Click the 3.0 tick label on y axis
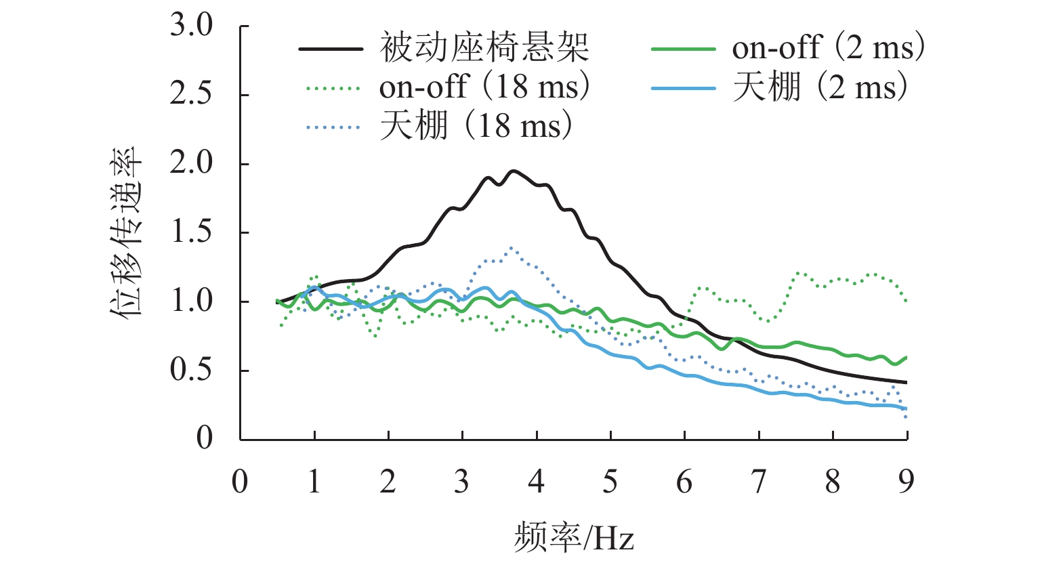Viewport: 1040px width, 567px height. coord(191,27)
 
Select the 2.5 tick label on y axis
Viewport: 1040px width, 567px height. coord(191,96)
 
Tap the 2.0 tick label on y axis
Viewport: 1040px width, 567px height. coord(191,165)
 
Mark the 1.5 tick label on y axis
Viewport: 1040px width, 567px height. coord(191,233)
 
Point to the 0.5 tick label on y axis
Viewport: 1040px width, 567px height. coord(191,371)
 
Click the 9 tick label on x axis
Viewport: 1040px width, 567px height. coord(907,482)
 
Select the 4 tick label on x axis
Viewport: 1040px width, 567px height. coord(537,482)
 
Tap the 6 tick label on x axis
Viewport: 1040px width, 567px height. coord(684,482)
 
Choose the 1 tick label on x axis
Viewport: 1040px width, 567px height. coord(314,482)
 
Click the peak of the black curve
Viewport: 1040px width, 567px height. coord(513,171)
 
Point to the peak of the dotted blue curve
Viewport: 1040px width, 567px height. coord(511,248)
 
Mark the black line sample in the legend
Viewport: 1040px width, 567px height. coord(331,49)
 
